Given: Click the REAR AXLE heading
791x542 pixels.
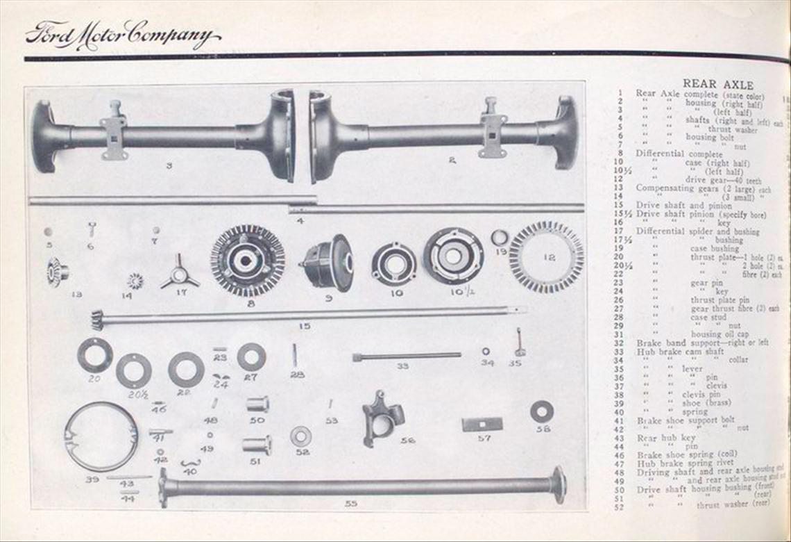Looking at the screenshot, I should (717, 85).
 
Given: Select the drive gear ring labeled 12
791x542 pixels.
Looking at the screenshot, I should (547, 256).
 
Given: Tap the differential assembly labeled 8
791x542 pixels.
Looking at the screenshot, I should (248, 261).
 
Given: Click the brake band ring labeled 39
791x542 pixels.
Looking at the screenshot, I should (101, 436).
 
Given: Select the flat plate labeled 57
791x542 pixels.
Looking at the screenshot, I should (482, 424).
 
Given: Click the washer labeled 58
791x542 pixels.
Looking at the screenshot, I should (542, 411).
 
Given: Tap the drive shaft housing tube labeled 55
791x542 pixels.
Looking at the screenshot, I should (361, 485).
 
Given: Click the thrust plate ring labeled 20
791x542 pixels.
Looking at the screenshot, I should (95, 355).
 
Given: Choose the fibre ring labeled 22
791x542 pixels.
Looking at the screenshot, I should (186, 369).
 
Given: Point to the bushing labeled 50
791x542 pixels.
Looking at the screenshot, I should (257, 404).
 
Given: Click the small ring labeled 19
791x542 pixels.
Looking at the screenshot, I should (500, 238).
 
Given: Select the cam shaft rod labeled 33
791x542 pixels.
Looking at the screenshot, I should (407, 356).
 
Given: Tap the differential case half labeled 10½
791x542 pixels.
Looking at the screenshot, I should (453, 255).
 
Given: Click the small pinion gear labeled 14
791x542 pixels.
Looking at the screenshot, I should (135, 281).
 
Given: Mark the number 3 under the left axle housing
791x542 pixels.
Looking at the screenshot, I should (169, 165).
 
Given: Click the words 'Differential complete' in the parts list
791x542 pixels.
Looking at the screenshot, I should (670, 153).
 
